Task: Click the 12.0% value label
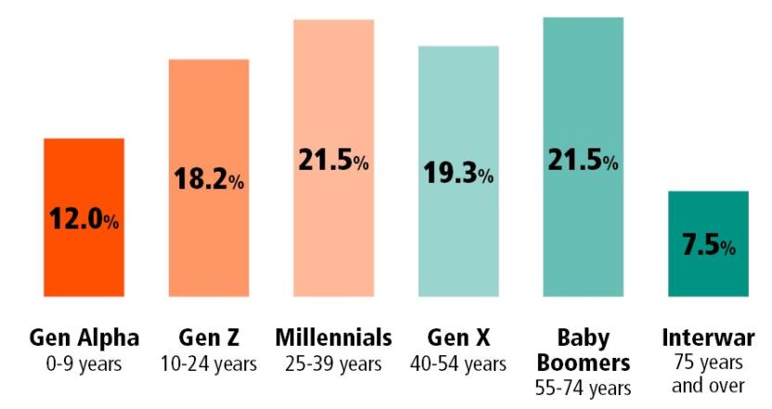84,222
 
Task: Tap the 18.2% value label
209,180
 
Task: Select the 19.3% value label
458,173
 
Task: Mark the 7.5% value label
708,246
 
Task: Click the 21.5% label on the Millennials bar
334,160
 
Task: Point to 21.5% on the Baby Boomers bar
583,160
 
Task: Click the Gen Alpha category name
84,337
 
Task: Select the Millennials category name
334,337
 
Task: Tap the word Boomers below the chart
583,361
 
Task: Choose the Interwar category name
708,337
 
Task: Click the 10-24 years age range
209,363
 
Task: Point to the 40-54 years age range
458,363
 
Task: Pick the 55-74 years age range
583,386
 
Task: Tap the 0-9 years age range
84,363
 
